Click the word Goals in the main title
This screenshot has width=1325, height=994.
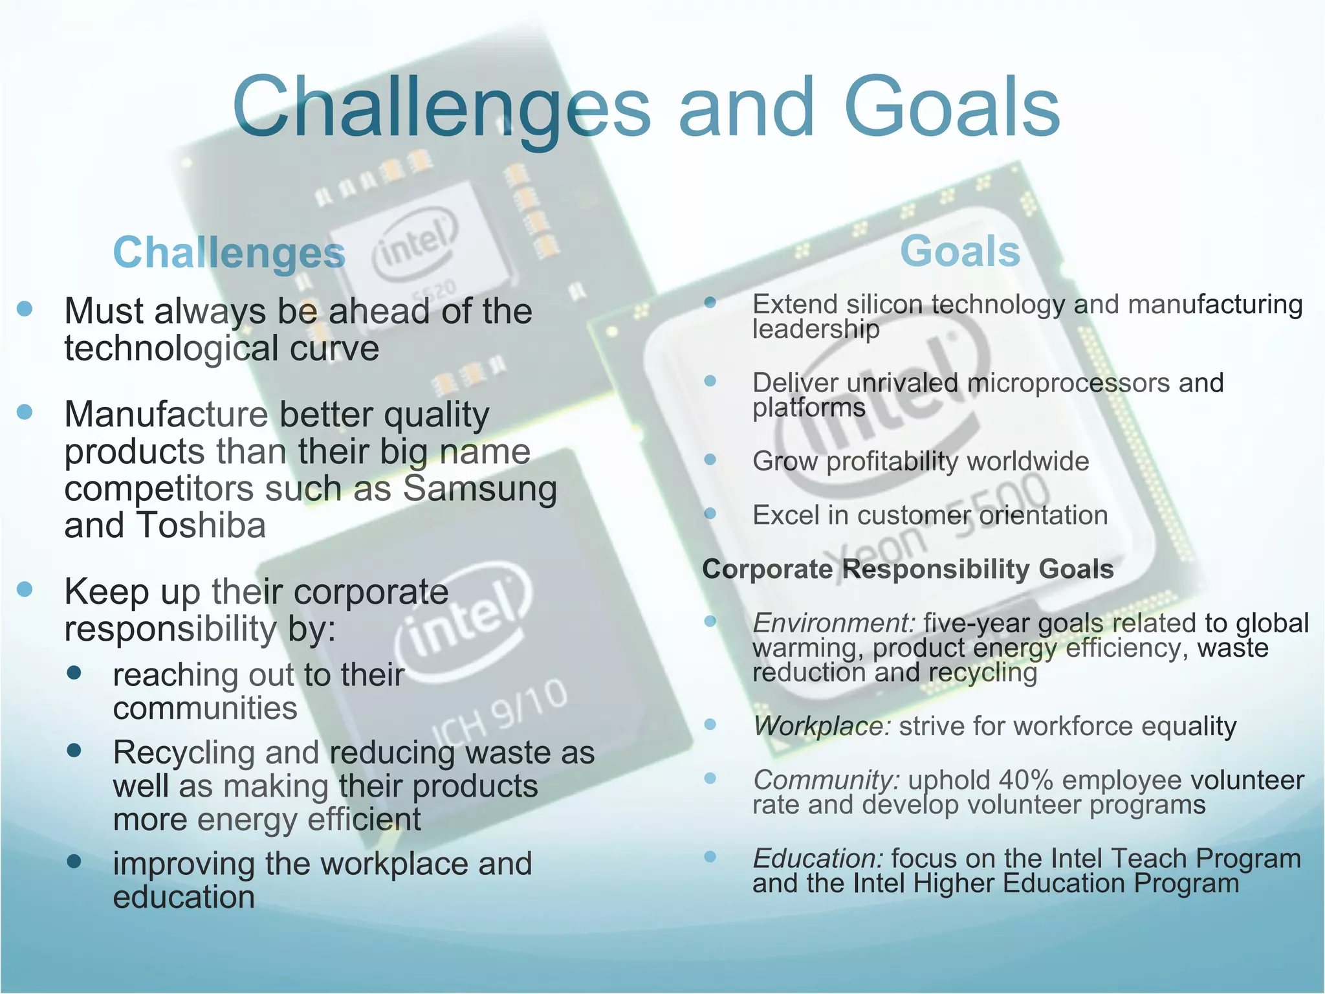[952, 107]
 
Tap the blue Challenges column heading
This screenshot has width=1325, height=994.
[229, 252]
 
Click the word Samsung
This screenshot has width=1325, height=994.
[479, 489]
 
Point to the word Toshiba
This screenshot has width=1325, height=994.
[201, 525]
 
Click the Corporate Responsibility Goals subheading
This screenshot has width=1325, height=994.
[908, 569]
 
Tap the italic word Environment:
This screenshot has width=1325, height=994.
[833, 623]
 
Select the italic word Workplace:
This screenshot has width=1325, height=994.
[822, 726]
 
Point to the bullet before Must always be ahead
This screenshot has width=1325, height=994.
[25, 309]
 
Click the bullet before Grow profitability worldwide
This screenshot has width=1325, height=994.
[710, 460]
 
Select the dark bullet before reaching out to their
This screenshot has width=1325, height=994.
[74, 673]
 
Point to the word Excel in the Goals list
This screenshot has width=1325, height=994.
[785, 516]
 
